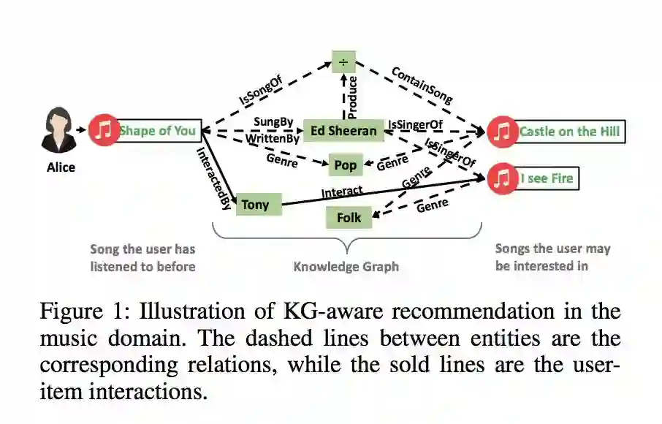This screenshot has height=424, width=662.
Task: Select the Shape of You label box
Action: pyautogui.click(x=158, y=131)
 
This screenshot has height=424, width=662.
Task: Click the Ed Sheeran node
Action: pyautogui.click(x=343, y=131)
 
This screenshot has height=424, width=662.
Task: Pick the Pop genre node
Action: pyautogui.click(x=345, y=165)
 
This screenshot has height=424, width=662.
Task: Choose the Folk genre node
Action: pyautogui.click(x=349, y=217)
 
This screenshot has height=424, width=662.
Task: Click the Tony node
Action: pyautogui.click(x=255, y=205)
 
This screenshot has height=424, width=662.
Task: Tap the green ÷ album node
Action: pyautogui.click(x=343, y=61)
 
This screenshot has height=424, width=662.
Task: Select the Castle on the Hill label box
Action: pyautogui.click(x=570, y=132)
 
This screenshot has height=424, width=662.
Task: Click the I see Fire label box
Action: pyautogui.click(x=547, y=178)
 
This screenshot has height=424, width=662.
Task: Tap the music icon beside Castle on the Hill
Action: pyautogui.click(x=502, y=132)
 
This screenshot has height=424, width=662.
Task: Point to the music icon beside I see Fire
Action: pyautogui.click(x=502, y=178)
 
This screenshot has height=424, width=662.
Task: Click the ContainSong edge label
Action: pyautogui.click(x=422, y=85)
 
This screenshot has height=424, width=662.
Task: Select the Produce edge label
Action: pyautogui.click(x=354, y=96)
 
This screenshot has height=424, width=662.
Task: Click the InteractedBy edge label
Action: pyautogui.click(x=213, y=178)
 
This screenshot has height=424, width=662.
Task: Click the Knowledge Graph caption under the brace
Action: pyautogui.click(x=346, y=266)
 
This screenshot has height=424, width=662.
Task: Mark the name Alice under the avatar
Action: pyautogui.click(x=61, y=167)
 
